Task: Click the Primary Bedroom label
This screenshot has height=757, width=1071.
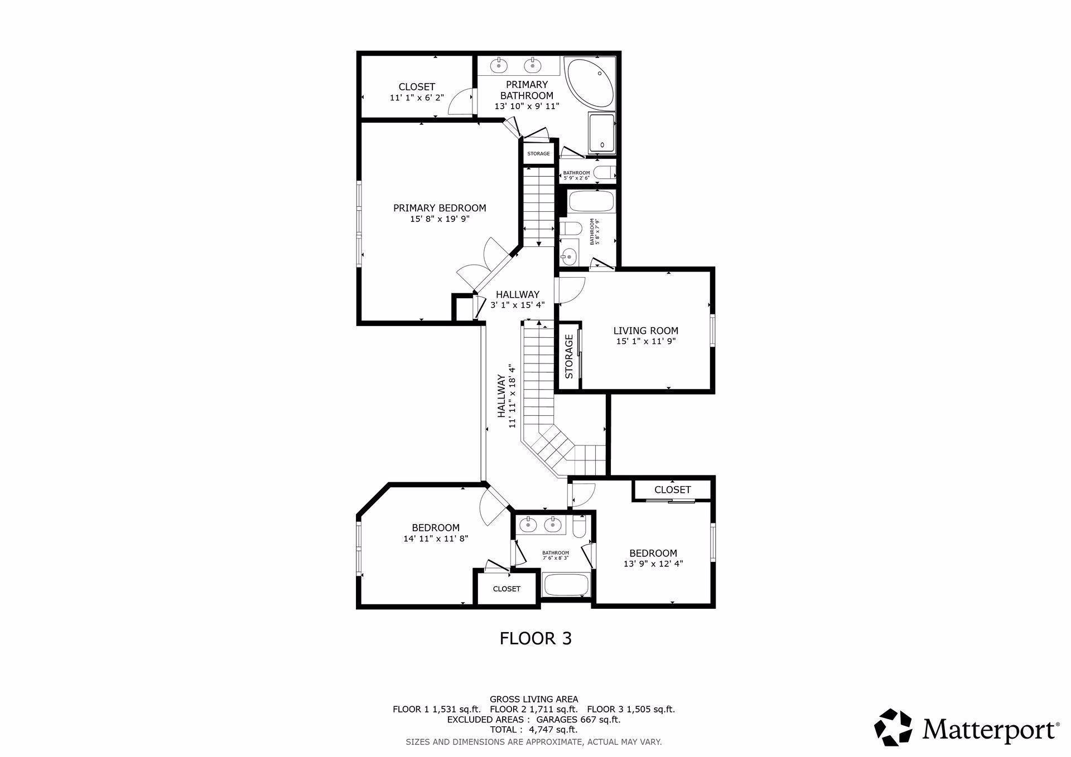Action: click(440, 208)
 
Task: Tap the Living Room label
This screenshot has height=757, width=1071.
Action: click(646, 331)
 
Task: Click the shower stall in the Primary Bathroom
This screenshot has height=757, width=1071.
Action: click(602, 132)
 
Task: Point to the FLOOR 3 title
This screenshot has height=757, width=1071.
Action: click(535, 638)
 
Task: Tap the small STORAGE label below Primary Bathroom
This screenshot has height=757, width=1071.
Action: click(538, 154)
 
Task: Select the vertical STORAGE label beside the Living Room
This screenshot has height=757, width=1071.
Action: click(569, 356)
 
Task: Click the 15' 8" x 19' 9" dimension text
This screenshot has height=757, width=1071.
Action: click(440, 219)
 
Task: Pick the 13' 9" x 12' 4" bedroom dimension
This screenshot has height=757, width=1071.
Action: click(653, 564)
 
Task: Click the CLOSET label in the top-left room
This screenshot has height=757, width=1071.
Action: click(417, 87)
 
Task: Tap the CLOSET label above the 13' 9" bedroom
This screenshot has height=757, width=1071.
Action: click(673, 489)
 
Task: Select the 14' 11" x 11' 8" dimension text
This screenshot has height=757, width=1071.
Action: click(436, 538)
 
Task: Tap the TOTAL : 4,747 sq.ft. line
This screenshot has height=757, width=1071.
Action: click(534, 730)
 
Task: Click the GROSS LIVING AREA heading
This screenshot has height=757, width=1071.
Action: click(534, 699)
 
